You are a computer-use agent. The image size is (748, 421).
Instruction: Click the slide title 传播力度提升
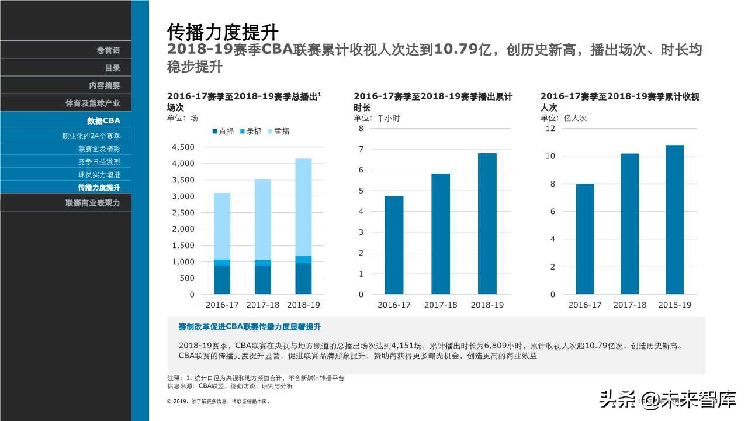click(x=222, y=32)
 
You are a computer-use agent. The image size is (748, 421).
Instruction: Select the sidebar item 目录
click(x=112, y=68)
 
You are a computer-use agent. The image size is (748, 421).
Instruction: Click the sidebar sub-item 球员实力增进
click(x=99, y=175)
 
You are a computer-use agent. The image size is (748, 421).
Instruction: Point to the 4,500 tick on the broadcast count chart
click(x=183, y=147)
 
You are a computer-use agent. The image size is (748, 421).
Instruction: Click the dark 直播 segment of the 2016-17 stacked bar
click(x=222, y=279)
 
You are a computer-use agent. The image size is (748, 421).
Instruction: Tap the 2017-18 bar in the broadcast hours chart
click(x=441, y=234)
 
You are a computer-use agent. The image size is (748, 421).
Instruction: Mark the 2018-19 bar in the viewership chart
click(x=674, y=219)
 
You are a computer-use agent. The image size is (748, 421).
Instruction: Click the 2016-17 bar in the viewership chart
click(x=584, y=239)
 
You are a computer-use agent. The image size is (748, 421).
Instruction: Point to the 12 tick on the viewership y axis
click(x=550, y=129)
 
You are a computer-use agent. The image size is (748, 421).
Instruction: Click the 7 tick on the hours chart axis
click(x=361, y=150)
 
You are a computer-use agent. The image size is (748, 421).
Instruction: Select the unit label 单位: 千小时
click(x=377, y=118)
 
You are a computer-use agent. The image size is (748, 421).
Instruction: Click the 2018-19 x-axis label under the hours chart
click(x=487, y=305)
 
